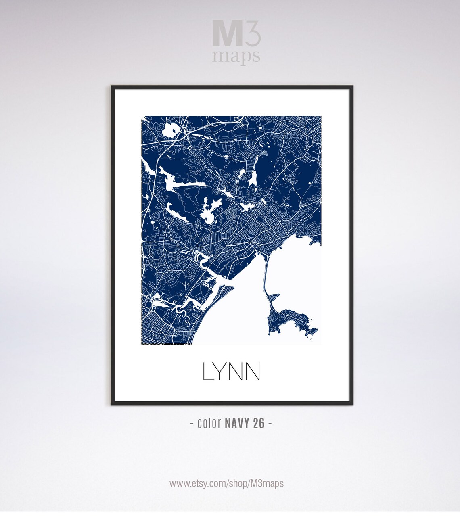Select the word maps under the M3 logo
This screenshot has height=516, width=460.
pos(236,56)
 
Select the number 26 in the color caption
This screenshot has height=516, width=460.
pos(259,423)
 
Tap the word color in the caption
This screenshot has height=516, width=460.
pos(209,423)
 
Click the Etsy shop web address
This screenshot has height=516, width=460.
pos(226,483)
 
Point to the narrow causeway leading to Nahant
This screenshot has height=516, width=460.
pos(265,274)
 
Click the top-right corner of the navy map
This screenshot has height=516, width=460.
pos(321,117)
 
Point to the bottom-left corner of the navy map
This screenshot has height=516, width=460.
pos(142,344)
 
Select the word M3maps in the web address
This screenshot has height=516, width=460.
pos(268,483)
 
